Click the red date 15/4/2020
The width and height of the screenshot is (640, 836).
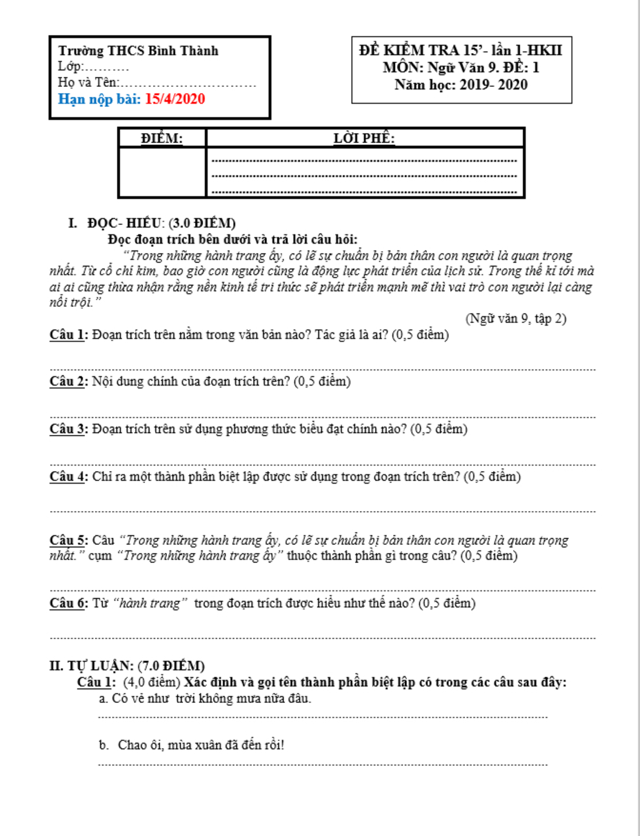pos(175,99)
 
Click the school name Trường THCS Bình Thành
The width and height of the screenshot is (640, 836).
pos(138,51)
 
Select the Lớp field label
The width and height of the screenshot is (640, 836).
pos(70,66)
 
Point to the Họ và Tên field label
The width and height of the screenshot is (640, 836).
pos(88,82)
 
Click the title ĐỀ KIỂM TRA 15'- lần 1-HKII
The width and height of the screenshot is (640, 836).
pos(461,50)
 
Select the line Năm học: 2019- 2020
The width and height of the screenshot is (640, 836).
pos(461,84)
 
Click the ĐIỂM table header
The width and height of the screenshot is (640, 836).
pos(162,138)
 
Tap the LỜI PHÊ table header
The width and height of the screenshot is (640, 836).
pos(364,138)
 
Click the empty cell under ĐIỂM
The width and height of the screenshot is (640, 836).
pos(162,172)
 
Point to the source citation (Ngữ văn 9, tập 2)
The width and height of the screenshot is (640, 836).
pos(516,318)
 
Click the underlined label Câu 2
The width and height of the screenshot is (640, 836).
pos(68,381)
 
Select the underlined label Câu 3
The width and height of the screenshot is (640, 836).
pos(68,429)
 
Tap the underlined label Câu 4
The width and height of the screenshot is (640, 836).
pos(68,476)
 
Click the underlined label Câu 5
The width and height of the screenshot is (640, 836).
pos(68,540)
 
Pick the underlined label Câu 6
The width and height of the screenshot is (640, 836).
pos(68,603)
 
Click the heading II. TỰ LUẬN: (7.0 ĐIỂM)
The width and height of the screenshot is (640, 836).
pos(127,665)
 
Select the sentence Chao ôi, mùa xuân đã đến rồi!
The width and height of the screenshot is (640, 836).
pos(201,745)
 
